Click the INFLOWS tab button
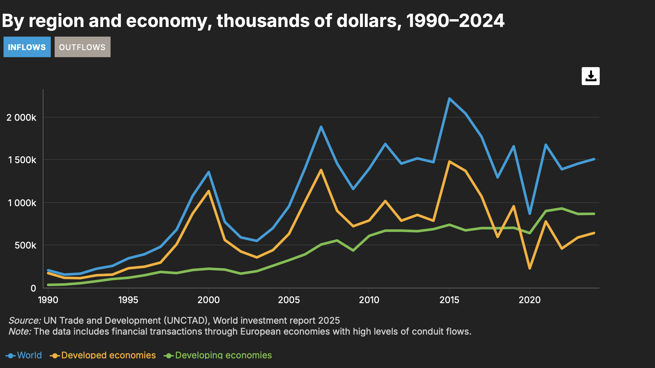coord(27,47)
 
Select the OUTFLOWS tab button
coord(82,47)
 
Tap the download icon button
coord(590,76)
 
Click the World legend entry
coord(24,355)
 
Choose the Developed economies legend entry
coord(103,355)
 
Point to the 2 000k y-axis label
coord(21,118)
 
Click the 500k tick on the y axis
coord(25,245)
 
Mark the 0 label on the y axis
coord(33,288)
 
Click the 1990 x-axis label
coord(48,300)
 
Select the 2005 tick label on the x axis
coord(289,300)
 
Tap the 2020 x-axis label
coord(529,300)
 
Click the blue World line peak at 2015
coord(449,99)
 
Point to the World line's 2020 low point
coord(530,214)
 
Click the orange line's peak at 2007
coord(321,170)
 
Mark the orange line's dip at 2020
coord(530,268)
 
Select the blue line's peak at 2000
coord(209,172)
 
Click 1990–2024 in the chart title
coord(455,21)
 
